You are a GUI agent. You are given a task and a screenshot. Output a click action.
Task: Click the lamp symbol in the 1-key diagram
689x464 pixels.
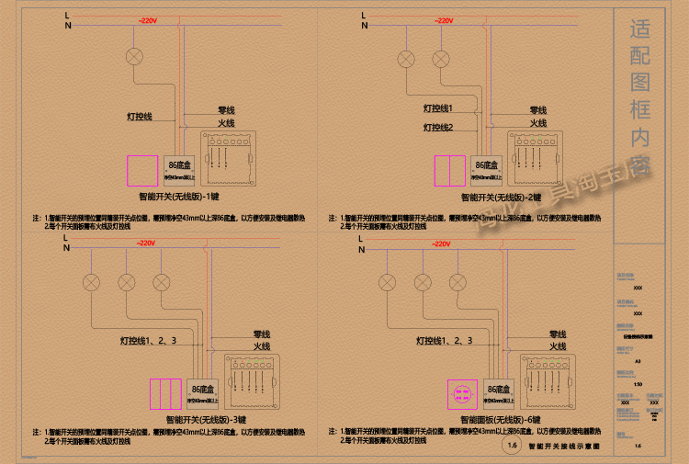135,55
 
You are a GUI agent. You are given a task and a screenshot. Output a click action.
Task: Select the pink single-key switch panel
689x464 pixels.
141,171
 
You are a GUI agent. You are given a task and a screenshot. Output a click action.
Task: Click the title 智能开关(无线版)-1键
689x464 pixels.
178,197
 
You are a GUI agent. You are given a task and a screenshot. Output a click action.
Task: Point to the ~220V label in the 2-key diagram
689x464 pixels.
443,20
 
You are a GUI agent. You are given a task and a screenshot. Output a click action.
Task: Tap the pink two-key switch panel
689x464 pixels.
449,171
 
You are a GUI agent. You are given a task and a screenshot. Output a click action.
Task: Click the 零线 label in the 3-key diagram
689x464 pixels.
262,334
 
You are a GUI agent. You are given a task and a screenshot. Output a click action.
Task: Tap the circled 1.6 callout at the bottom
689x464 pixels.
511,447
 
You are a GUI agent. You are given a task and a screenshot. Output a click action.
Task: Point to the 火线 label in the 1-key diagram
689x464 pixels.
226,123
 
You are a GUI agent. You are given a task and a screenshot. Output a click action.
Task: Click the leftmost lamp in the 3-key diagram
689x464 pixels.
92,281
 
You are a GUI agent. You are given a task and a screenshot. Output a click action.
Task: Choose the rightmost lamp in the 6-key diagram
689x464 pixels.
457,281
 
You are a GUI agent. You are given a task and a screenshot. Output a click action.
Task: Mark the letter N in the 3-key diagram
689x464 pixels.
66,247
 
